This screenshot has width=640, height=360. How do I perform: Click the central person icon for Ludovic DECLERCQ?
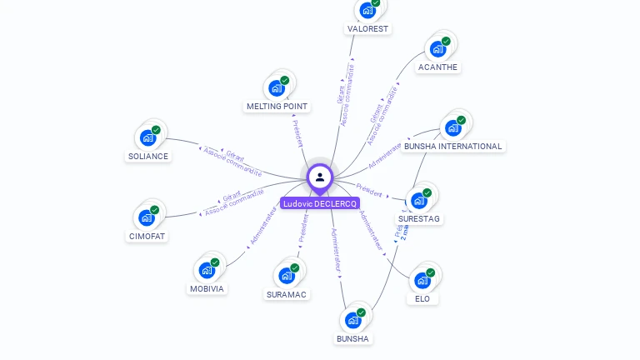320,177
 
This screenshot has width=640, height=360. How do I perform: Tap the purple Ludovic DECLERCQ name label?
320,203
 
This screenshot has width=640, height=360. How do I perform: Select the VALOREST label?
367,28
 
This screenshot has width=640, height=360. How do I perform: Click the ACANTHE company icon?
437,48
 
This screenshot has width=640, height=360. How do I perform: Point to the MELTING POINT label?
277,107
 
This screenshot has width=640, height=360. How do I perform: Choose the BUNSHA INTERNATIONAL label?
453,146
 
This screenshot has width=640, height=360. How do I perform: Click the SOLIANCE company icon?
148,137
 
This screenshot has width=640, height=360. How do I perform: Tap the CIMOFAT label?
147,236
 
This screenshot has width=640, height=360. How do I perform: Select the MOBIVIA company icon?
207,270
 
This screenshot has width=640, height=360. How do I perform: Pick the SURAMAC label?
287,294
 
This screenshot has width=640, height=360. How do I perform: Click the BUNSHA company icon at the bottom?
353,320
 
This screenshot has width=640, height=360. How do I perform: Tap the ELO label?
422,298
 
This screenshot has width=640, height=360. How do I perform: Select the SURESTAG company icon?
419,200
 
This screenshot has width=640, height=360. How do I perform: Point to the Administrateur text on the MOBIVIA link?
262,227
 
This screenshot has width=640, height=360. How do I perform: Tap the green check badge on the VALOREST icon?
376,3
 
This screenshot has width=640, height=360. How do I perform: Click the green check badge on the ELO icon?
431,272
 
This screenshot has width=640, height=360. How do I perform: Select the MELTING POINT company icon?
277,87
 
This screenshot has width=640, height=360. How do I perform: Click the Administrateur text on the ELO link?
371,231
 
